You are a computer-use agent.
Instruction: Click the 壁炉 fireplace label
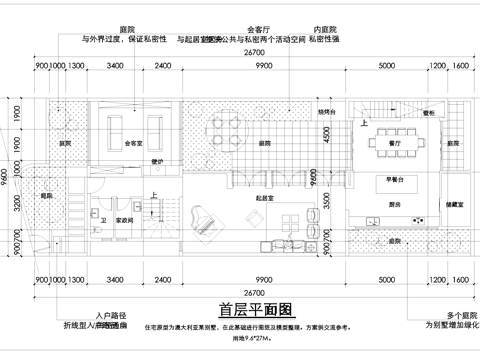156,160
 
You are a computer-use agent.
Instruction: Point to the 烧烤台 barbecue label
327,113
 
